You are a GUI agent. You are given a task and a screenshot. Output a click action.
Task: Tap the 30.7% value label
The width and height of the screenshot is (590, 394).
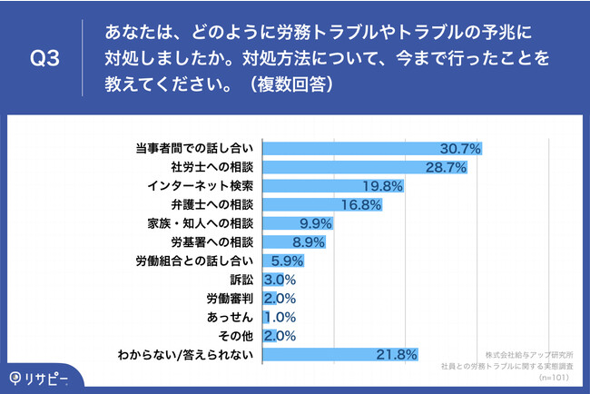tap(459, 147)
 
